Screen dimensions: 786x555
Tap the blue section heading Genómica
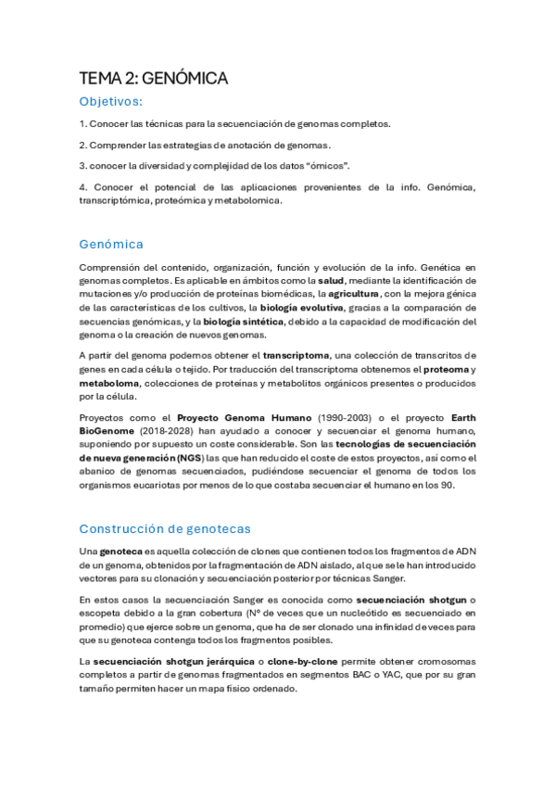[111, 245]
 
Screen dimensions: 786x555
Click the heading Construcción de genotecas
[165, 529]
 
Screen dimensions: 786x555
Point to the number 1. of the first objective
[82, 123]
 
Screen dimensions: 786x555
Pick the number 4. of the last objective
[82, 187]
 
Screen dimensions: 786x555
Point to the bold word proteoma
[440, 369]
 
